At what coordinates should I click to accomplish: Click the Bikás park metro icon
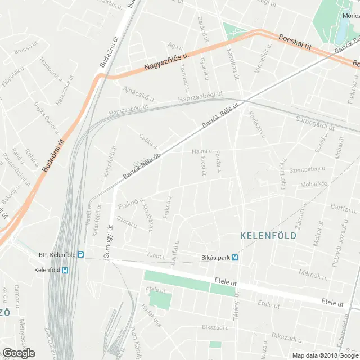(x=235, y=258)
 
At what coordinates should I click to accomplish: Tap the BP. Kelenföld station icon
(x=82, y=255)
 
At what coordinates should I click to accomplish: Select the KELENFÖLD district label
(x=268, y=236)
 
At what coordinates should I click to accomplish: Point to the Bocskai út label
(x=295, y=43)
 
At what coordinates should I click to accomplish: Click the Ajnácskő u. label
(x=137, y=91)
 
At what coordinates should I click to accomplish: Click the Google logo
(x=19, y=353)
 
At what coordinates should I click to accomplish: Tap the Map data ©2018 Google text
(x=325, y=355)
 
